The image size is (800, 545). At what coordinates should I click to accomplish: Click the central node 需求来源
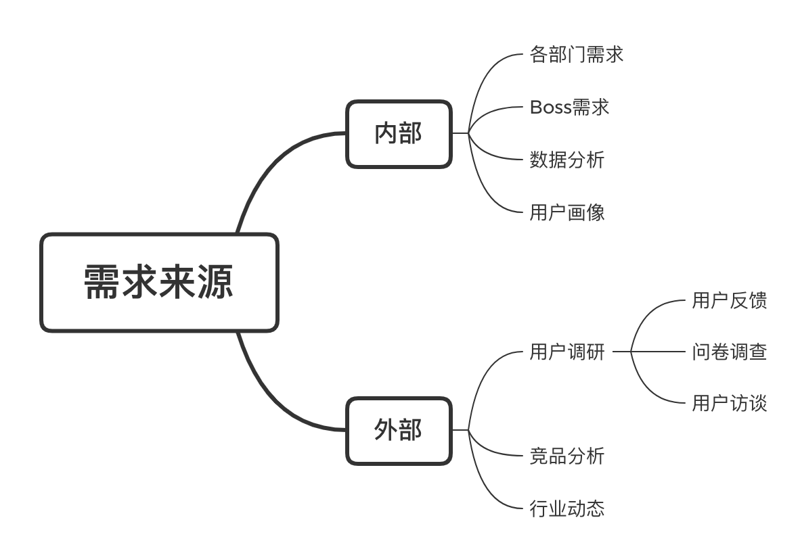coord(159,283)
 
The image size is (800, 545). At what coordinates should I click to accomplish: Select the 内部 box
coord(399,134)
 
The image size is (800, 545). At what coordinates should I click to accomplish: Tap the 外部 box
coord(399,431)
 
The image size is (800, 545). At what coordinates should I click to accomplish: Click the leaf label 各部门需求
coord(577,55)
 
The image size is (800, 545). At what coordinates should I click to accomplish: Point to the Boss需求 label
coord(569,107)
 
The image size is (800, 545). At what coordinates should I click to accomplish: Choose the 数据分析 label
coord(567,160)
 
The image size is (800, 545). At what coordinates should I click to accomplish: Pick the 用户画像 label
coord(567,212)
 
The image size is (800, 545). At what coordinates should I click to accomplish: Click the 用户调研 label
coord(567,352)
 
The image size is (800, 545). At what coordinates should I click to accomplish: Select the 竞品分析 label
coord(567,456)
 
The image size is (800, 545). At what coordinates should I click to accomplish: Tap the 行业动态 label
coord(567,508)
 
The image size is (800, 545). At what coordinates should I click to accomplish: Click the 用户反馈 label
coord(730,300)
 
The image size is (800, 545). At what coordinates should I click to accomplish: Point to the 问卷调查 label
coord(730,352)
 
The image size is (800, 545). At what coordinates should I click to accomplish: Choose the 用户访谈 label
coord(730,403)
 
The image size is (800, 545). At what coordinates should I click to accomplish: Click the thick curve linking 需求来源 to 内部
coord(275,163)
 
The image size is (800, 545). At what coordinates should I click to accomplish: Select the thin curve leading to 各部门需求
coord(482,82)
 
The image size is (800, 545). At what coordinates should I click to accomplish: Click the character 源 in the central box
coord(215,282)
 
